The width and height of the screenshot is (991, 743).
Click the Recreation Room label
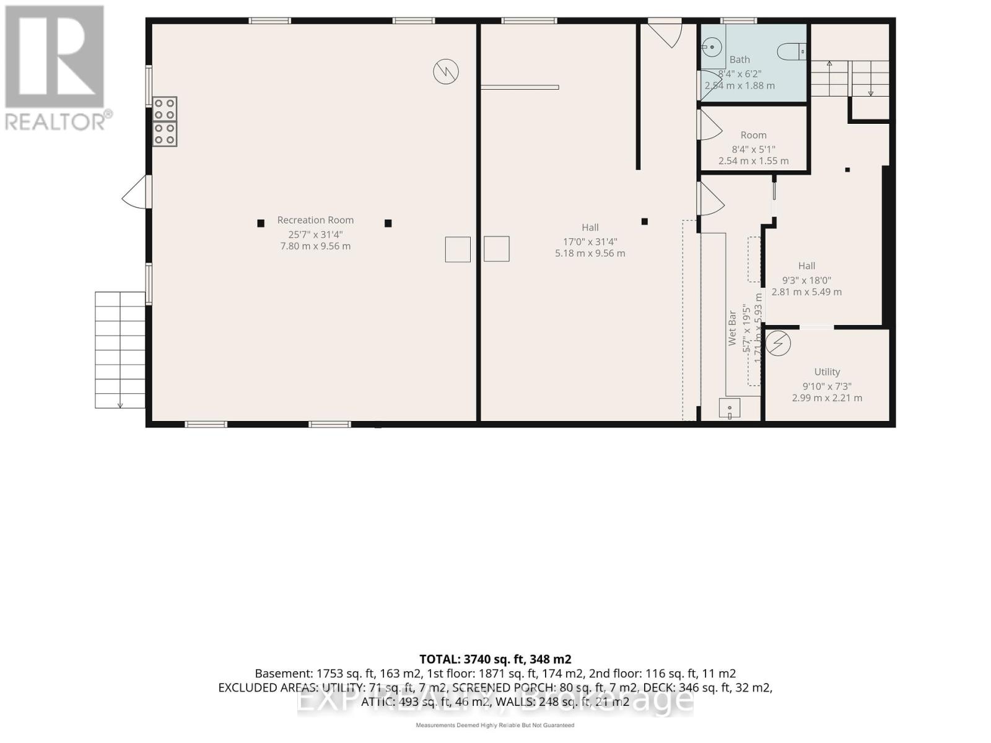[x=315, y=220]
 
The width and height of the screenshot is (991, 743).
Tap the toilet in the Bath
[x=792, y=51]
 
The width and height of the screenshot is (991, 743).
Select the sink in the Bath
[x=712, y=46]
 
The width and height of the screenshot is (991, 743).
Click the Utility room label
[x=827, y=371]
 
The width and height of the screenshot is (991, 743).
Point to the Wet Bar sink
[x=730, y=409]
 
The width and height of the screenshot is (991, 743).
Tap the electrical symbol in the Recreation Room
[x=445, y=71]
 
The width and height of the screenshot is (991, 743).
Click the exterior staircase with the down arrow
[x=120, y=350]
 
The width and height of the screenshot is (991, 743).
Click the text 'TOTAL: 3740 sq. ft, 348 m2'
[x=495, y=659]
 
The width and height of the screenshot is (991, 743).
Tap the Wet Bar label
[x=732, y=328]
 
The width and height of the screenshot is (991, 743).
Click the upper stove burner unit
[x=165, y=109]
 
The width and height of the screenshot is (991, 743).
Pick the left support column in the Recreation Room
[x=261, y=223]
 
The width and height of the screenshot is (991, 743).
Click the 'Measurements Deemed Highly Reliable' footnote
[x=495, y=725]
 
